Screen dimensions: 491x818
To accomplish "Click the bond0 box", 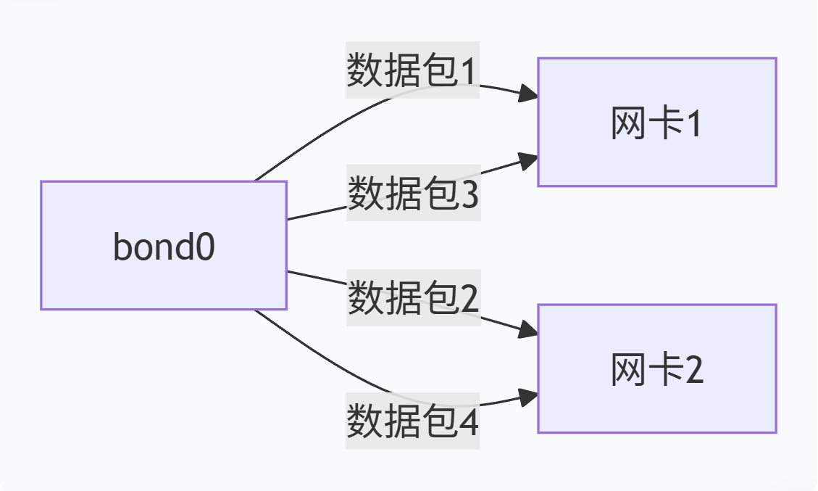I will point(164,245).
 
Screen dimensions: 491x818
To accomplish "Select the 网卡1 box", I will point(656,122).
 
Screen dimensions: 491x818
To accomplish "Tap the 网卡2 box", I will point(656,368).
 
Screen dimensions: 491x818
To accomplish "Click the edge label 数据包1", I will point(412,70).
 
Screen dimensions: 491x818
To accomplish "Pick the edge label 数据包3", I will point(413,193).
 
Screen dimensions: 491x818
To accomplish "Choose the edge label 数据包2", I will point(413,297).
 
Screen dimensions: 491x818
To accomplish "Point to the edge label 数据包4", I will point(412,421).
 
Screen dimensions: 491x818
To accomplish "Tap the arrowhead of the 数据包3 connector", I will point(530,159).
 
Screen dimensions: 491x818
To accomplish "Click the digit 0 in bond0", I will point(205,248).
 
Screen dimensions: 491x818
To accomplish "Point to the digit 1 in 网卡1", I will point(693,125).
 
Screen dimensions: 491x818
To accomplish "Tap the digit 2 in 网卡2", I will point(693,372).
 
